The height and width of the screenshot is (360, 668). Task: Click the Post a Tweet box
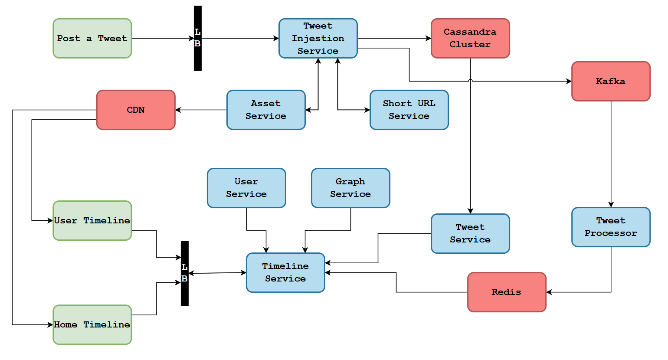point(92,38)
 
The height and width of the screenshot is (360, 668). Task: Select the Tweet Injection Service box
point(318,38)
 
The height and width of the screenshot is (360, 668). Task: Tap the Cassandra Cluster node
point(470,38)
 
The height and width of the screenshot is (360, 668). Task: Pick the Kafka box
point(611,81)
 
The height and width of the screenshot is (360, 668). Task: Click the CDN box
point(136,110)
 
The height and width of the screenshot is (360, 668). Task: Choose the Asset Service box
point(266,110)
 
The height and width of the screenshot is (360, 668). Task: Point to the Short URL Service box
point(409,110)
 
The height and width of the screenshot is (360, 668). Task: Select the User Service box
point(246,188)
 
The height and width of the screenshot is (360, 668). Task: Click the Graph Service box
point(350,188)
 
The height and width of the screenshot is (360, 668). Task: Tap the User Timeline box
point(92,220)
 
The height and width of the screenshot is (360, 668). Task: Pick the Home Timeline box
point(92,324)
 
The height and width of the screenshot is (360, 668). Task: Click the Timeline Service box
point(285,272)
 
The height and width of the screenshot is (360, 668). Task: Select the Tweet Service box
point(470,233)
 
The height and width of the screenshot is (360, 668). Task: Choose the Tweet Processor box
point(611,227)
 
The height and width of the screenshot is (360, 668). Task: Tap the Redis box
point(507,292)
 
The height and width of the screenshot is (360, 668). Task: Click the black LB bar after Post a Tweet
point(197,38)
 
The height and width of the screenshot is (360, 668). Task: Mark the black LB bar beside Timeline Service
point(184,273)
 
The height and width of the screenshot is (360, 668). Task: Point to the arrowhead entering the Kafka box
point(569,81)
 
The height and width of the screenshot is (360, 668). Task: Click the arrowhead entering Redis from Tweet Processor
point(549,292)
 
